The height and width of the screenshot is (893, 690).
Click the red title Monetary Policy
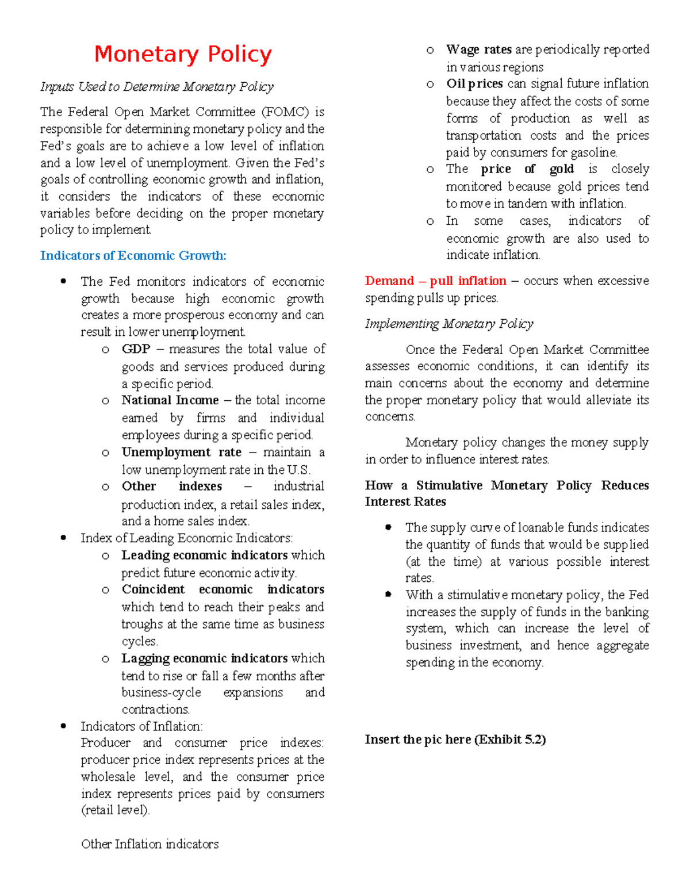(183, 54)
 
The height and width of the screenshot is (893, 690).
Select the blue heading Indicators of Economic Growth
(133, 255)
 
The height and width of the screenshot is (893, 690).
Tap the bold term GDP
(136, 349)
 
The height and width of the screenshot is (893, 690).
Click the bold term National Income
(170, 400)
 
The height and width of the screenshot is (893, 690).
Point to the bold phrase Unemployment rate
(181, 452)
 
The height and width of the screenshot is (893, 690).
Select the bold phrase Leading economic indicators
(204, 555)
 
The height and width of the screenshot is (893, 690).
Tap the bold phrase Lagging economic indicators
(204, 658)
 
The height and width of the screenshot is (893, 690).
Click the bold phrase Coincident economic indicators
(223, 589)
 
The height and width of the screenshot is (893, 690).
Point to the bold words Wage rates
(479, 49)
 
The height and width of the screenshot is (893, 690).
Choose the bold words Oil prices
(474, 84)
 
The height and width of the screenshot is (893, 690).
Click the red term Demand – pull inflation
(435, 281)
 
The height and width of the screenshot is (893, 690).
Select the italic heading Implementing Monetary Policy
(448, 324)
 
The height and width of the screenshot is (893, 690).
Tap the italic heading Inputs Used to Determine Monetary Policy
(156, 87)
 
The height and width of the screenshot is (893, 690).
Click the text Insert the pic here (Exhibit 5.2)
(455, 739)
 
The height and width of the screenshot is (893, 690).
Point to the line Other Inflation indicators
(149, 844)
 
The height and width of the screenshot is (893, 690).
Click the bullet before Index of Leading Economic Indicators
(63, 538)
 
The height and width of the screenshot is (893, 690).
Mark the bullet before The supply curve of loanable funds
(389, 527)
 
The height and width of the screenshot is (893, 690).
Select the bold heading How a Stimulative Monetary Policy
(506, 486)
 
